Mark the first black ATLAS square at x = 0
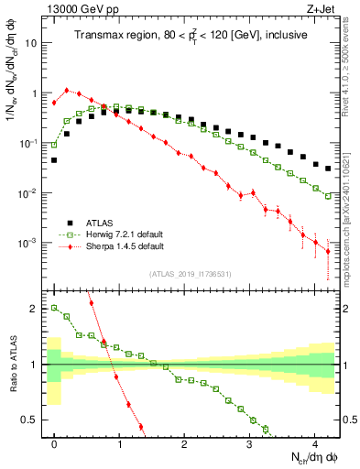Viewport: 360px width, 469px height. coord(54,159)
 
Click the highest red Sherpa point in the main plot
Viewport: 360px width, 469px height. coord(67,91)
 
